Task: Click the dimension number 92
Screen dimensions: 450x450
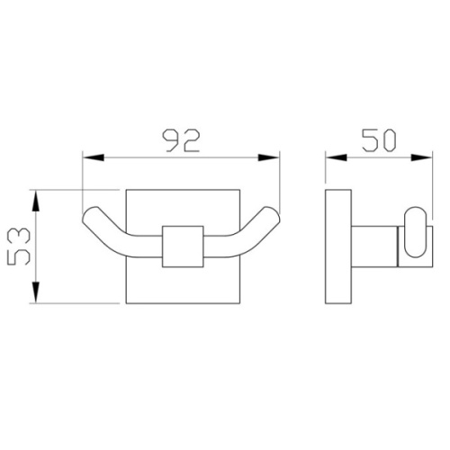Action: (x=181, y=140)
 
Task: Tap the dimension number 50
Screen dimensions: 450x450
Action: (x=379, y=140)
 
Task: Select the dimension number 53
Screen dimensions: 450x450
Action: (x=19, y=247)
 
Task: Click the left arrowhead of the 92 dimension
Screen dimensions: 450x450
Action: (x=94, y=157)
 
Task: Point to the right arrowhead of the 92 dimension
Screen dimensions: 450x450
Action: (x=269, y=157)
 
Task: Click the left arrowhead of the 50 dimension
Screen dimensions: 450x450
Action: (x=336, y=157)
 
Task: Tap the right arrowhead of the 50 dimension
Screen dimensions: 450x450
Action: (x=421, y=157)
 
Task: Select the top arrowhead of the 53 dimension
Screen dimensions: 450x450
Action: (x=36, y=201)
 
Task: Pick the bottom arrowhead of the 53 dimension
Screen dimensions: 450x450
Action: (x=36, y=292)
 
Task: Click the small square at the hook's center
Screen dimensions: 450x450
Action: (x=183, y=247)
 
